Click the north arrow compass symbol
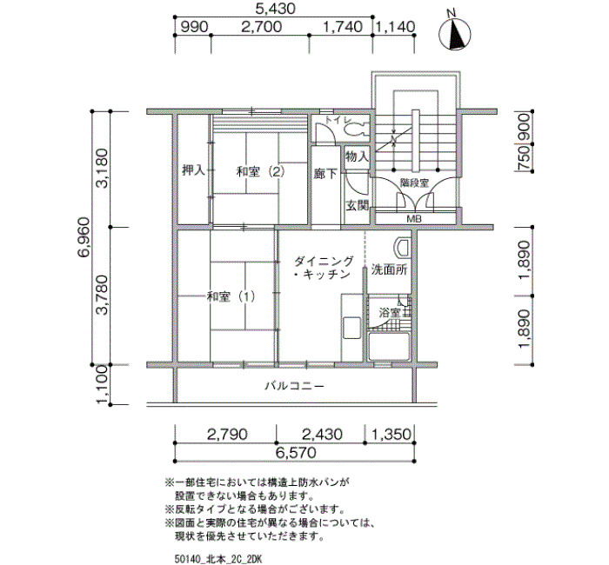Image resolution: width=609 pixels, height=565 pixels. tap(454, 34)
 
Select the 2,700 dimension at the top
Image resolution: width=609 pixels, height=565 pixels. tap(261, 27)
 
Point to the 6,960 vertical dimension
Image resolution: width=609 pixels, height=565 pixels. tap(84, 237)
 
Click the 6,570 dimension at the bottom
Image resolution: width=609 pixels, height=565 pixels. tap(296, 452)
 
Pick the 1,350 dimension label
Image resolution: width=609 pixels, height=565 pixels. tap(391, 435)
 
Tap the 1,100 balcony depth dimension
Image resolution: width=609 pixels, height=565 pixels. tap(102, 384)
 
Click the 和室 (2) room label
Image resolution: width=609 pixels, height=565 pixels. tap(261, 171)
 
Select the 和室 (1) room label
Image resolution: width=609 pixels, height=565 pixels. tap(231, 297)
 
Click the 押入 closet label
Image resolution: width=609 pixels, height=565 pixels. tap(193, 170)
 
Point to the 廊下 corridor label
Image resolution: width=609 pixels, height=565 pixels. tap(325, 174)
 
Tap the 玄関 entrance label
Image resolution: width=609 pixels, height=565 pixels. tap(357, 205)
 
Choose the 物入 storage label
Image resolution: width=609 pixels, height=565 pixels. tap(357, 156)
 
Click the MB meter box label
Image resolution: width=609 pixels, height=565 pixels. tap(414, 219)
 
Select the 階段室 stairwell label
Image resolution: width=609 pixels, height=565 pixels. tap(414, 183)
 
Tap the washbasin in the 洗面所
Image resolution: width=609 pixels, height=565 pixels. tap(402, 247)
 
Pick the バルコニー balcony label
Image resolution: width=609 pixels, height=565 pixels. tap(294, 386)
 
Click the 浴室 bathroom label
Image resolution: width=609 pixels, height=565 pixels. tap(390, 313)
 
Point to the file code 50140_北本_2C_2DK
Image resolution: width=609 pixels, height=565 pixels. tap(219, 559)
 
